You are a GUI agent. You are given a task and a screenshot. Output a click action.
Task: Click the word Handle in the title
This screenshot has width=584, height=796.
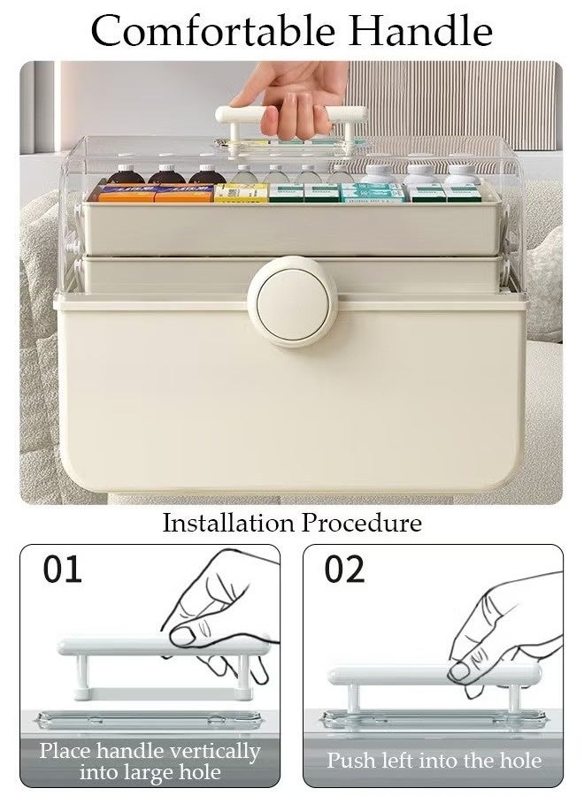[x=421, y=31]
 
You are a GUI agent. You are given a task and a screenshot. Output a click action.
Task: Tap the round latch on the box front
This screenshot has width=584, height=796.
[x=290, y=301]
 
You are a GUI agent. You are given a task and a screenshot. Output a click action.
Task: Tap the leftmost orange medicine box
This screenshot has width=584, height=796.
[x=126, y=193]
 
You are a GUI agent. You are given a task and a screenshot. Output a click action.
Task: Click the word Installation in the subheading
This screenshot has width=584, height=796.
[x=228, y=523]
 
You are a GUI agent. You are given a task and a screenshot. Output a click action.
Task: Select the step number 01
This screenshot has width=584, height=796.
[x=63, y=570]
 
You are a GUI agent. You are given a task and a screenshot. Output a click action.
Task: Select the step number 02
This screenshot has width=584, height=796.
[x=344, y=570]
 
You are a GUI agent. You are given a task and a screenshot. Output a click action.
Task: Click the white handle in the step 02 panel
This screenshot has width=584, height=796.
[x=434, y=677]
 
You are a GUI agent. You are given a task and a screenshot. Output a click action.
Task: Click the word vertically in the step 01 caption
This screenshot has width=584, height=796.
[x=218, y=753]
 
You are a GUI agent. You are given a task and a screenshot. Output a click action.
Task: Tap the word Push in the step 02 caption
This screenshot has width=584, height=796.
[x=348, y=761]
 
